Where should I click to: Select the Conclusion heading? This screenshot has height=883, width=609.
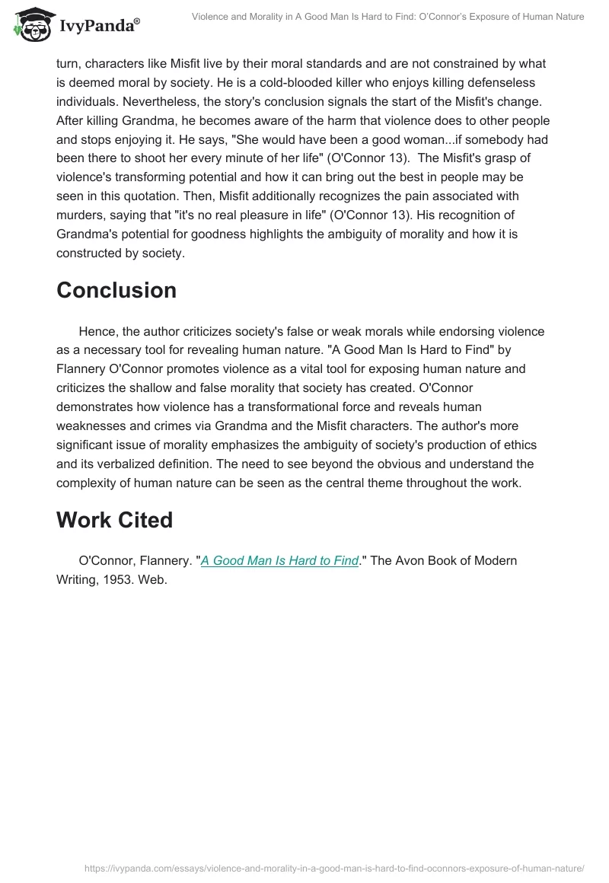(116, 290)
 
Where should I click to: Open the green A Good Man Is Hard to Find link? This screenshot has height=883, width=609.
(279, 561)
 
